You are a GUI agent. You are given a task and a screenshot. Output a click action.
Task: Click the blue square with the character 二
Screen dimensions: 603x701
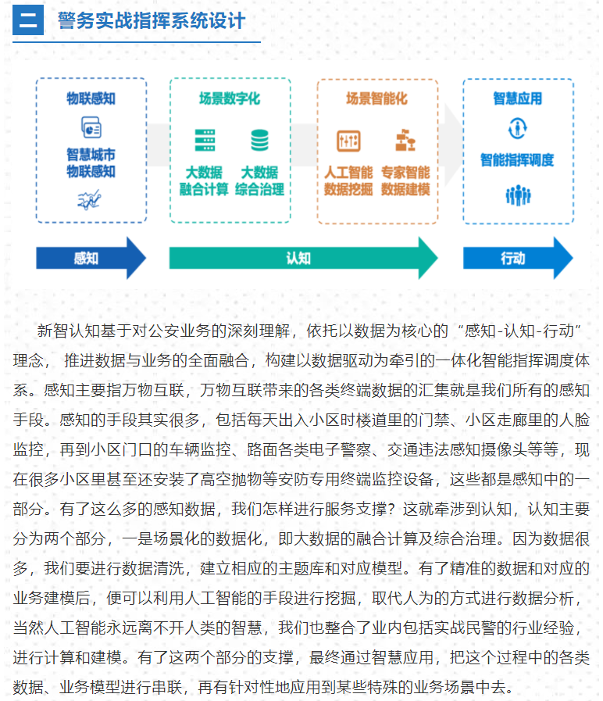point(27,20)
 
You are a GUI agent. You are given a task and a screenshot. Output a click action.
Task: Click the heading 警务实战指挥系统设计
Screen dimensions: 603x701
point(151,20)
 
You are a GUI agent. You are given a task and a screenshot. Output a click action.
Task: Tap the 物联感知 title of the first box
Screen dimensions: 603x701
point(91,98)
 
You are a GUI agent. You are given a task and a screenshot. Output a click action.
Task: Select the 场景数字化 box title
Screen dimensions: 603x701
point(230,98)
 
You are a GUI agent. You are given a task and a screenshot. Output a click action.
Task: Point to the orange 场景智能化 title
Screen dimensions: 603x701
point(376,98)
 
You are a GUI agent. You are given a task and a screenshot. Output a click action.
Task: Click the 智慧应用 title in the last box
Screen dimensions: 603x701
point(518,98)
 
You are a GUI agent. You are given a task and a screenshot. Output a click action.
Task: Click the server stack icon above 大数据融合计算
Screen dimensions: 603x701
point(205,140)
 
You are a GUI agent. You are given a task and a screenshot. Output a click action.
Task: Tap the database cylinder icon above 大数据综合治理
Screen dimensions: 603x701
point(259,140)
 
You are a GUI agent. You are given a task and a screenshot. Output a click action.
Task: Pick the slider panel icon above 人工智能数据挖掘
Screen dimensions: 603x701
point(348,141)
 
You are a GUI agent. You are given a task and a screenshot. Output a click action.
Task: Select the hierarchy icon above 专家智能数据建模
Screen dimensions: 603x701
point(405,140)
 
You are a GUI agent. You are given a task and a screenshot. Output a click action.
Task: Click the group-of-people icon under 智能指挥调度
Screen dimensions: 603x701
point(518,195)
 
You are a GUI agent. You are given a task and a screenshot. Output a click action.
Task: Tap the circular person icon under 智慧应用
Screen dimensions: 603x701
point(518,128)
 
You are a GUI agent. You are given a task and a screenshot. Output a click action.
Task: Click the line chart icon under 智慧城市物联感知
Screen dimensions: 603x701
point(89,200)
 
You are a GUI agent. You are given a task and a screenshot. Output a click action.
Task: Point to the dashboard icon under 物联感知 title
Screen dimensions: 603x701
point(91,127)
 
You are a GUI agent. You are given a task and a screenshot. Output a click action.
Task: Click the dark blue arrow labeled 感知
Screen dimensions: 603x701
point(91,258)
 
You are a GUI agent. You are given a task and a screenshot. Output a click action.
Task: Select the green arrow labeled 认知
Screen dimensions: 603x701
point(304,258)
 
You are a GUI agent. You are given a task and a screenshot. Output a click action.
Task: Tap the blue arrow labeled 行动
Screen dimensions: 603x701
point(518,258)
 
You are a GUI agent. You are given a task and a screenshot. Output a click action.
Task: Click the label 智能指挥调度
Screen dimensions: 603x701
point(517,159)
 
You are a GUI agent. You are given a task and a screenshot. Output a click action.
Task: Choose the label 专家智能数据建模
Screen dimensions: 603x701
point(405,181)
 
